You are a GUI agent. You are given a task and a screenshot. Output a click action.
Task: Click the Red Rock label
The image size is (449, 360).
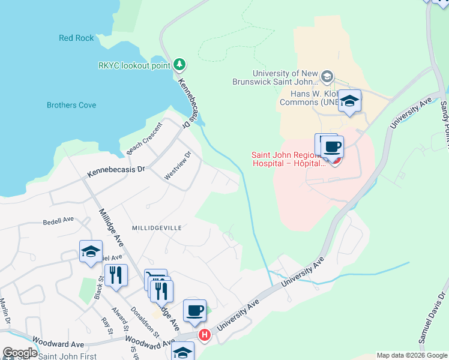click(76, 38)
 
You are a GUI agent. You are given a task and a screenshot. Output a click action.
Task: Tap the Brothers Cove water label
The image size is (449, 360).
click(71, 105)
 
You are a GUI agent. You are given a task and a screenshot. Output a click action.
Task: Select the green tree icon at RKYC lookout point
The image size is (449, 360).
click(179, 64)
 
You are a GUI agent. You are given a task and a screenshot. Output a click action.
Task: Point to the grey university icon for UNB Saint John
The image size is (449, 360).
click(327, 76)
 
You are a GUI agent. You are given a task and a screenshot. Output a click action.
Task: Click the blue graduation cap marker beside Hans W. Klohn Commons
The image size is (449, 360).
click(349, 101)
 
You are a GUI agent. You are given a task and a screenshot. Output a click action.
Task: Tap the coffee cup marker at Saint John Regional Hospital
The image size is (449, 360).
click(333, 146)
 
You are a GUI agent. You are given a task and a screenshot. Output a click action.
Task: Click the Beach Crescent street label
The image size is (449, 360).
click(144, 137)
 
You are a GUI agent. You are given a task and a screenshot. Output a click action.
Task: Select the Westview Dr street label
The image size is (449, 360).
click(178, 165)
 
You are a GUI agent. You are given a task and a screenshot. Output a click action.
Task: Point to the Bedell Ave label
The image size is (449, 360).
click(58, 220)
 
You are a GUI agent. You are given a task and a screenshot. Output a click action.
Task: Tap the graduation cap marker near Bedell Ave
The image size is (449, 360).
click(91, 251)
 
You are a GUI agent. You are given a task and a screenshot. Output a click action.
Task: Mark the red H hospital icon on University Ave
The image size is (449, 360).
click(205, 334)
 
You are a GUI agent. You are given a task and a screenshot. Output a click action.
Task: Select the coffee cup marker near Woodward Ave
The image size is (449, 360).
click(194, 311)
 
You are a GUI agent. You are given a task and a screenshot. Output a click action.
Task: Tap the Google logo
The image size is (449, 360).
click(19, 353)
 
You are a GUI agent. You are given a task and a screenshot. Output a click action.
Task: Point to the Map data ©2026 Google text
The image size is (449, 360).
click(411, 355)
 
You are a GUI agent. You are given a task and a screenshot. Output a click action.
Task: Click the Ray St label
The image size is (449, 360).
click(107, 326)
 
